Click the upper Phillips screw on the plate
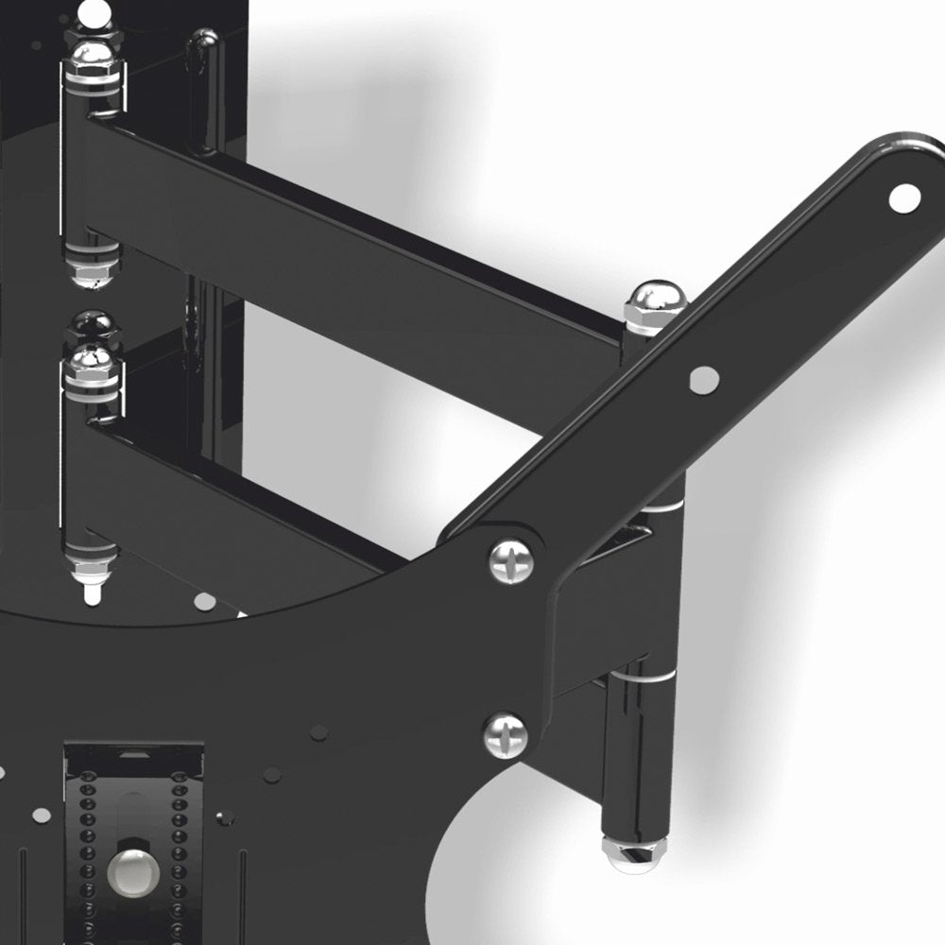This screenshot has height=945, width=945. [x=510, y=560]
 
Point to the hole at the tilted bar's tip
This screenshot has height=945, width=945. [x=904, y=197]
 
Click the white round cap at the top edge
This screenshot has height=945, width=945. [x=91, y=11]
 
